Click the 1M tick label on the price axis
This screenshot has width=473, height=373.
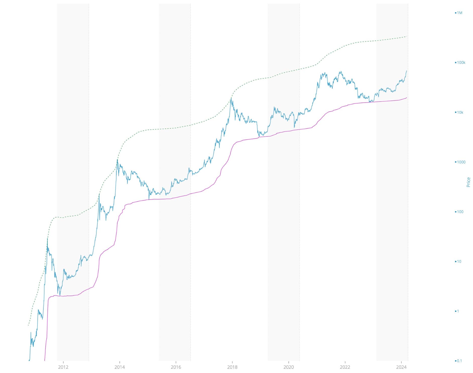[459, 13]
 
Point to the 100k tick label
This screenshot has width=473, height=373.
[461, 63]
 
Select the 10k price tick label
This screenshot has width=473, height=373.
[460, 112]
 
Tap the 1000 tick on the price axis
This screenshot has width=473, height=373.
[461, 162]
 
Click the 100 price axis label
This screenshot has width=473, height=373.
[460, 212]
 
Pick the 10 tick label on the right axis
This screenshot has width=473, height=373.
[459, 262]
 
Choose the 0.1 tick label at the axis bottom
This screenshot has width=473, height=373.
[459, 361]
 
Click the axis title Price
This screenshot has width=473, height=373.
[468, 182]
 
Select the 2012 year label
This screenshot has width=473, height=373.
[63, 367]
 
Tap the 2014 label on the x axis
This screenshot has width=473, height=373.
[120, 367]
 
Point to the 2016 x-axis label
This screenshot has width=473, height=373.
[176, 367]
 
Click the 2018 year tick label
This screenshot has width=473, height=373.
[232, 367]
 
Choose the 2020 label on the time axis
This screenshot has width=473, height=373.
[288, 367]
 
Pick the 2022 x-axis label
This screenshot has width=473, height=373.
[345, 367]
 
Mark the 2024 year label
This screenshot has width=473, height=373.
[401, 367]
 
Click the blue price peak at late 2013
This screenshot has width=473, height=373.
[117, 160]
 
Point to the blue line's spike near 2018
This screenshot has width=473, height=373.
[231, 98]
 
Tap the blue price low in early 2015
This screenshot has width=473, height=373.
[149, 199]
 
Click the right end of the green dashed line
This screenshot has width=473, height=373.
[407, 36]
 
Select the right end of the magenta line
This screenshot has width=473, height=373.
[407, 98]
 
